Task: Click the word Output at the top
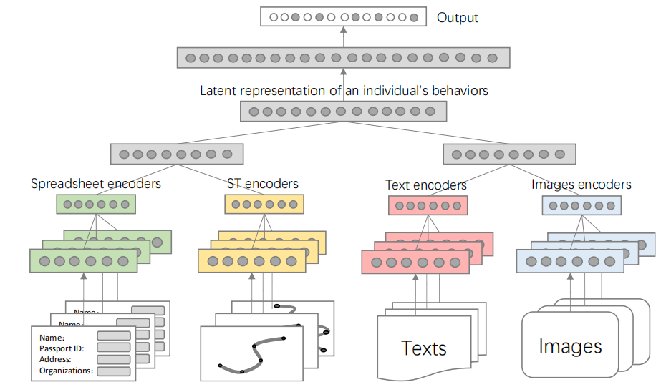457,18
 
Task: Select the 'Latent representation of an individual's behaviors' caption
344,91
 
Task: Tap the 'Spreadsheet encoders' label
96,184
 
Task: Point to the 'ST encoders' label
262,184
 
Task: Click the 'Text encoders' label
426,185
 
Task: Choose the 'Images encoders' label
581,185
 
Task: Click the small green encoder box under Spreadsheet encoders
96,205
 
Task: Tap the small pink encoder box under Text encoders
428,206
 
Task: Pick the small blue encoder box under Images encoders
581,206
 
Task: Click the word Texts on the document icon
424,348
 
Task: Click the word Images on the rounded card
570,347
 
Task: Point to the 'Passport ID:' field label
62,348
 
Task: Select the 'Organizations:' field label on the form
67,371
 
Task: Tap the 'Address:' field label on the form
56,359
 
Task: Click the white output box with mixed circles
343,16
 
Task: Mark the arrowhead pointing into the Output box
343,30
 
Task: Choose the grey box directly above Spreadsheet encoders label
177,154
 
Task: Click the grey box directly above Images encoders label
508,154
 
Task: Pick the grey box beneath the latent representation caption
343,112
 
